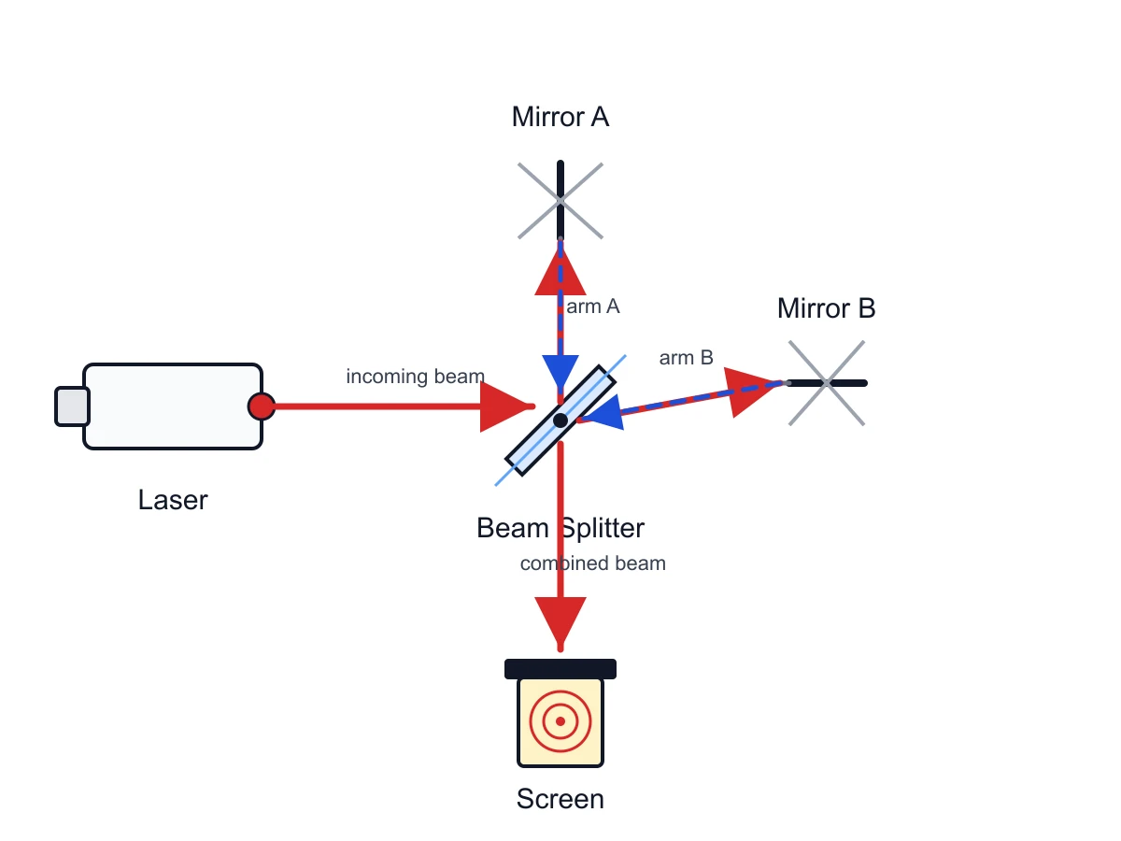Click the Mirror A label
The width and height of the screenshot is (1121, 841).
(560, 117)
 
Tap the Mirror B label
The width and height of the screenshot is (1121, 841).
(827, 308)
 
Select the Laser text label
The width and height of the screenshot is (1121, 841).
(173, 500)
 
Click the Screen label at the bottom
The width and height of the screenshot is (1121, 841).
(560, 799)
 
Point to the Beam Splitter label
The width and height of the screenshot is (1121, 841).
(560, 528)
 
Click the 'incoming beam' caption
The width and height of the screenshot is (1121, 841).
(415, 377)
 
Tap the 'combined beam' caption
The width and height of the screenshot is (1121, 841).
(593, 563)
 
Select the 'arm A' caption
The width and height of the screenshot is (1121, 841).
(593, 306)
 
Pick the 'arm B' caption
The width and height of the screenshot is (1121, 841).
(686, 358)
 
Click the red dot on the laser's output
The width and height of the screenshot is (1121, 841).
(262, 406)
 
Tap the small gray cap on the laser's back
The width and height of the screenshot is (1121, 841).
(72, 406)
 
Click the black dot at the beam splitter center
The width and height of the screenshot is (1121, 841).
(560, 420)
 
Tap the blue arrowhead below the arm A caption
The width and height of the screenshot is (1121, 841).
(560, 373)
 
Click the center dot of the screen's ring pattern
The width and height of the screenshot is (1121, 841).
(560, 721)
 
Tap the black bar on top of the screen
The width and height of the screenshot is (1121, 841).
(560, 669)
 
